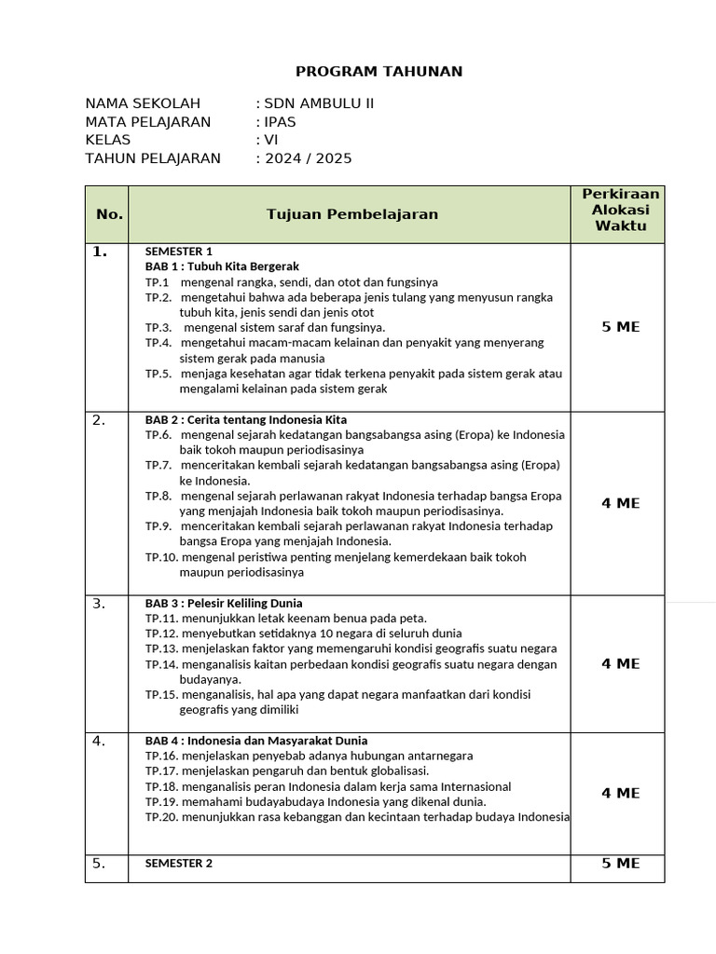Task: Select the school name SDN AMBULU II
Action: (x=319, y=103)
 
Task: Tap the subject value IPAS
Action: (x=279, y=122)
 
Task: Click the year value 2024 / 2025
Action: (x=308, y=158)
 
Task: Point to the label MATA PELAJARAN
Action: (x=148, y=122)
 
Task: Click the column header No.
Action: (x=109, y=214)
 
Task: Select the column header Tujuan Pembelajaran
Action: (x=351, y=214)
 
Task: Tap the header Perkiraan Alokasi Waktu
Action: (x=620, y=210)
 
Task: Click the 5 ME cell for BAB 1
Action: (x=620, y=327)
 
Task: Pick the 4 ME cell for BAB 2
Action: (x=620, y=503)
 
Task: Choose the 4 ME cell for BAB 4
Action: (x=620, y=793)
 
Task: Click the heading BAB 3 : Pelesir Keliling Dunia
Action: (x=224, y=603)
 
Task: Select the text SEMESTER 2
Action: (x=179, y=864)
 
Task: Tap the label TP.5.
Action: (x=158, y=374)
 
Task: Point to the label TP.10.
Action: (x=161, y=557)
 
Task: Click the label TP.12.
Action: (x=161, y=634)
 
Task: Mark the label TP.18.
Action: (x=161, y=786)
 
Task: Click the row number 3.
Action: (x=99, y=604)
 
